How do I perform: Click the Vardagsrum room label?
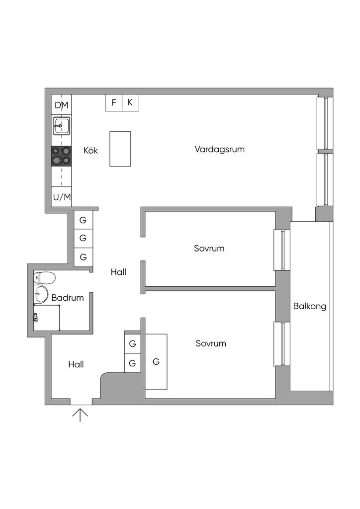point(219,149)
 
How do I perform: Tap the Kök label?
point(90,150)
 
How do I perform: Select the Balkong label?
point(310,306)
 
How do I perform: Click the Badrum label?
point(67,298)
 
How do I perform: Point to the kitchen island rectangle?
point(120,149)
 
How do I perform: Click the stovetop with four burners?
point(61,156)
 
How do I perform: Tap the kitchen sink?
point(61,126)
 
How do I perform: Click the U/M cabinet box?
point(62,197)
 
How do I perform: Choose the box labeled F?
point(114,102)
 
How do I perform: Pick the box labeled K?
point(130,102)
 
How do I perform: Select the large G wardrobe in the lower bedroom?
point(156,362)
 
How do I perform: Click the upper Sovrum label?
point(209,248)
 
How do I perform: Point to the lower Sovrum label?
point(211,343)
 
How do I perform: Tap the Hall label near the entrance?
point(76,364)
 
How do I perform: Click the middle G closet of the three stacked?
point(83,238)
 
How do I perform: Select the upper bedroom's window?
point(281,250)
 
